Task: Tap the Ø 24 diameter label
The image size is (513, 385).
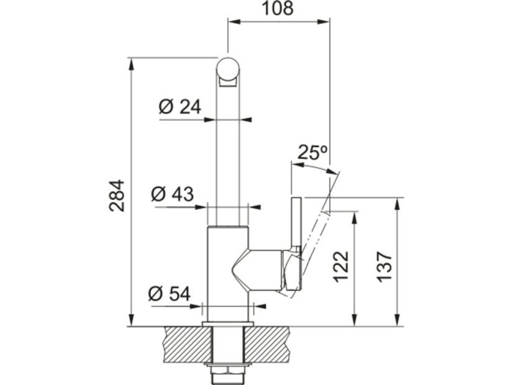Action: [180, 107]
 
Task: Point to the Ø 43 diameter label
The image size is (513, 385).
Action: [173, 194]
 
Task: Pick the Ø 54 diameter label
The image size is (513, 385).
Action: [169, 294]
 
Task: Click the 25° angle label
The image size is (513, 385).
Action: [312, 152]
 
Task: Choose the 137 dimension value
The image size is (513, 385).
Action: [384, 267]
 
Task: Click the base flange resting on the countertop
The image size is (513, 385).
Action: [227, 325]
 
